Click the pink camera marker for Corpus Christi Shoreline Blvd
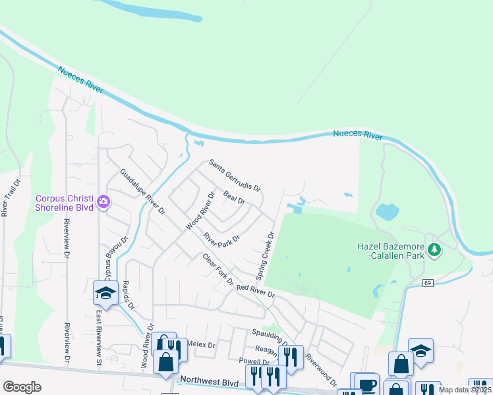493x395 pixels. point(103,201)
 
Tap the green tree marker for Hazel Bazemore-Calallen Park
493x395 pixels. point(434,250)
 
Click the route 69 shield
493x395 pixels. point(427,282)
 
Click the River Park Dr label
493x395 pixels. point(221,238)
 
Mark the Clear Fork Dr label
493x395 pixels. point(218,270)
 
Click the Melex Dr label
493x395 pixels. point(202,344)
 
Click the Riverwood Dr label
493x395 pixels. point(321,370)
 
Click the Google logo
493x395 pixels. point(22,387)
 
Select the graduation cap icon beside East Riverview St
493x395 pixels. point(105,293)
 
